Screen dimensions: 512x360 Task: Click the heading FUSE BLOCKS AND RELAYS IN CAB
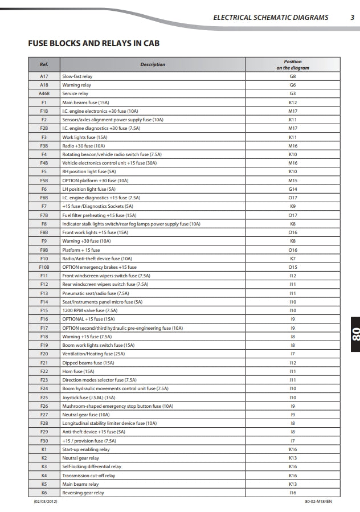pyautogui.click(x=93, y=43)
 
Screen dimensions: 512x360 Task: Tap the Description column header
pyautogui.click(x=153, y=64)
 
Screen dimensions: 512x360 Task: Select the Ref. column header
pyautogui.click(x=44, y=64)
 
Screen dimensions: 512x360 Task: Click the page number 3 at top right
pyautogui.click(x=353, y=18)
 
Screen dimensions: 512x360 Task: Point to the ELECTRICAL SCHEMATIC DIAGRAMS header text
pyautogui.click(x=271, y=18)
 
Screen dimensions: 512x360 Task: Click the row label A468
pyautogui.click(x=44, y=93)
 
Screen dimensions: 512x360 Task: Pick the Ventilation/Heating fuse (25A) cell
pyautogui.click(x=91, y=354)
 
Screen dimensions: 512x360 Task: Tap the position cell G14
pyautogui.click(x=293, y=189)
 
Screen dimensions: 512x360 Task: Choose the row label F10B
pyautogui.click(x=44, y=267)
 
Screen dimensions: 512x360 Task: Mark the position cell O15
pyautogui.click(x=293, y=267)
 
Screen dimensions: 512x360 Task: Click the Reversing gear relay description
pyautogui.click(x=83, y=493)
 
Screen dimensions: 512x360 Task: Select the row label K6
pyautogui.click(x=44, y=493)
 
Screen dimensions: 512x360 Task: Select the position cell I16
pyautogui.click(x=293, y=493)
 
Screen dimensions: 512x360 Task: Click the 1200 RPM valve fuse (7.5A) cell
pyautogui.click(x=89, y=310)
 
